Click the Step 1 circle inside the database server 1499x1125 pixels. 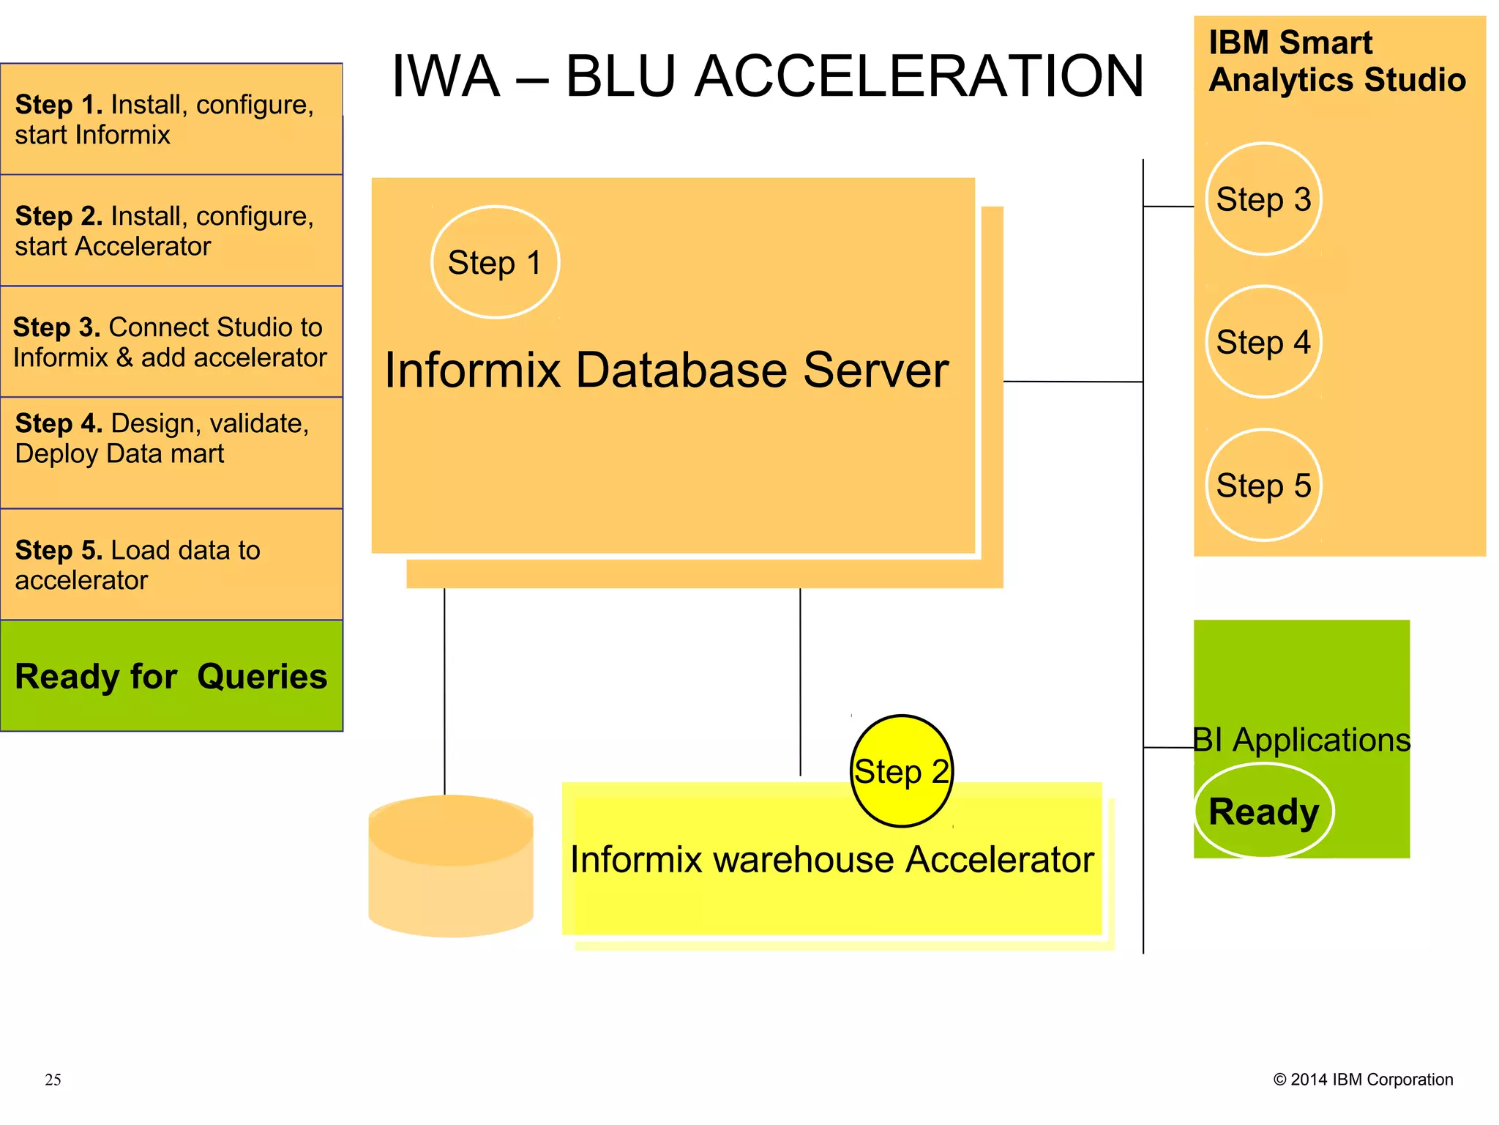(495, 262)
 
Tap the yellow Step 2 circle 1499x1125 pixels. (902, 771)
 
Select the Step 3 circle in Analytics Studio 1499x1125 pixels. (1263, 199)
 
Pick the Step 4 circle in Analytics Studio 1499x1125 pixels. (1263, 342)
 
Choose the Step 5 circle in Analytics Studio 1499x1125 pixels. (1263, 485)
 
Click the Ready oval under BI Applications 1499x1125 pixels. (1263, 812)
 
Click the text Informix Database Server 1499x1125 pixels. (666, 370)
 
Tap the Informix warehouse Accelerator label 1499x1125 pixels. (831, 860)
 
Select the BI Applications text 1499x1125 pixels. (1301, 740)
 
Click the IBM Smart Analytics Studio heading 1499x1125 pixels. (1337, 62)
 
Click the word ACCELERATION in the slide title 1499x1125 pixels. (919, 76)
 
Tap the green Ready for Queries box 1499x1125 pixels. (171, 675)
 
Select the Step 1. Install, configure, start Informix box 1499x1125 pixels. (171, 119)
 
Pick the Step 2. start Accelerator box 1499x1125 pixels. (171, 231)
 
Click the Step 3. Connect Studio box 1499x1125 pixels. (171, 342)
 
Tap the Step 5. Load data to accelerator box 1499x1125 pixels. (171, 565)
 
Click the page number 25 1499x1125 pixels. (53, 1080)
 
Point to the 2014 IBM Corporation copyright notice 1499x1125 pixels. (1363, 1080)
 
